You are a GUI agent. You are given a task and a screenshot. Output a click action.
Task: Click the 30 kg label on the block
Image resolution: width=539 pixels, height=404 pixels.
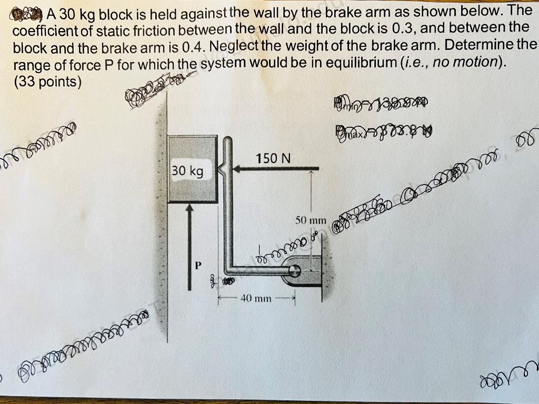pyautogui.click(x=187, y=171)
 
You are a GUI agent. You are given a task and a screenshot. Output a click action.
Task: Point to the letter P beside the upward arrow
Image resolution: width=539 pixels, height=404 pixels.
pyautogui.click(x=199, y=264)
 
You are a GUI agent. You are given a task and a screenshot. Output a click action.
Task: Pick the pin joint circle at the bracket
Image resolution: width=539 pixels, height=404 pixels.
pyautogui.click(x=295, y=270)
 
